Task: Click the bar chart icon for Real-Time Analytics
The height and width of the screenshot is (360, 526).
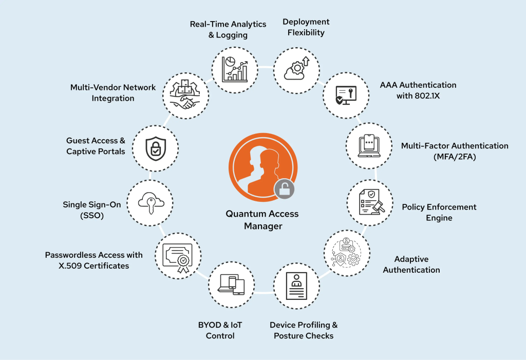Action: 235,69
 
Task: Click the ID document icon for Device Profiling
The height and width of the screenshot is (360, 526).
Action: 296,286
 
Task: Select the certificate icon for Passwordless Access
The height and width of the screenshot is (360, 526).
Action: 177,255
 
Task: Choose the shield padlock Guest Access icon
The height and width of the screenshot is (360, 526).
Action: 155,148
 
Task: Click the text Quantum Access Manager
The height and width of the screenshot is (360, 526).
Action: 262,220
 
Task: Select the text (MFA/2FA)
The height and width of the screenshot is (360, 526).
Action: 455,157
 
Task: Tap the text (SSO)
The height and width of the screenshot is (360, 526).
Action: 92,216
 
